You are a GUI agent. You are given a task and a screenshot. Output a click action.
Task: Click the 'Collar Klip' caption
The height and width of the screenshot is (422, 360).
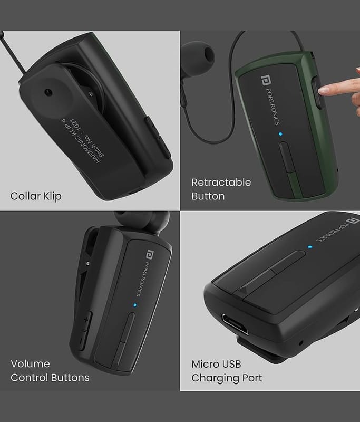(x=36, y=196)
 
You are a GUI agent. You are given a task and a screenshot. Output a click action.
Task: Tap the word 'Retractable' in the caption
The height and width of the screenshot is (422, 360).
(x=221, y=182)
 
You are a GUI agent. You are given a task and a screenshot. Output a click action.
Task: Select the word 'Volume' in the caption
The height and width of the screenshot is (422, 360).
(x=30, y=363)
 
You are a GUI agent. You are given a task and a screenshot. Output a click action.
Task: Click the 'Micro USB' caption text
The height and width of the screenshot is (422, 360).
(x=216, y=364)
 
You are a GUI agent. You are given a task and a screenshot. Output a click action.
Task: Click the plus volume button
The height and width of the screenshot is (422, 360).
(x=86, y=320)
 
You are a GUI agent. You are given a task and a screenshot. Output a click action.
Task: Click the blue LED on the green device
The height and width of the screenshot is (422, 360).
(x=280, y=134)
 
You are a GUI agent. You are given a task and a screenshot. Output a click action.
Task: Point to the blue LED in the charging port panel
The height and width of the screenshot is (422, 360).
(x=310, y=246)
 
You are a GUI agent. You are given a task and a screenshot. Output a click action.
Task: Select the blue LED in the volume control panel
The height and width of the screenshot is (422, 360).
(x=135, y=305)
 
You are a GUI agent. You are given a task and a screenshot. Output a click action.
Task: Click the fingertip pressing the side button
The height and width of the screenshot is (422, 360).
(x=323, y=90)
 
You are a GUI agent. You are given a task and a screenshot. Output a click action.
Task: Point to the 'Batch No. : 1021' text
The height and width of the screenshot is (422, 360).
(x=87, y=137)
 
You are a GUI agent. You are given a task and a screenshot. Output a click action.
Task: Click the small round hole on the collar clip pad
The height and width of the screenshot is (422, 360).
(x=48, y=92)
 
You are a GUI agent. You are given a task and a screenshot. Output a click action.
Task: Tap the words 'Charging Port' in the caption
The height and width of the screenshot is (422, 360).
(x=227, y=378)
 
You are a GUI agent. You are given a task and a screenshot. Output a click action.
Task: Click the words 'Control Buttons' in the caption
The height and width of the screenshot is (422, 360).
(x=50, y=378)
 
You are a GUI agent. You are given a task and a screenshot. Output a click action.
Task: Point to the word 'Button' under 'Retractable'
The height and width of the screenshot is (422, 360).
(x=208, y=196)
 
